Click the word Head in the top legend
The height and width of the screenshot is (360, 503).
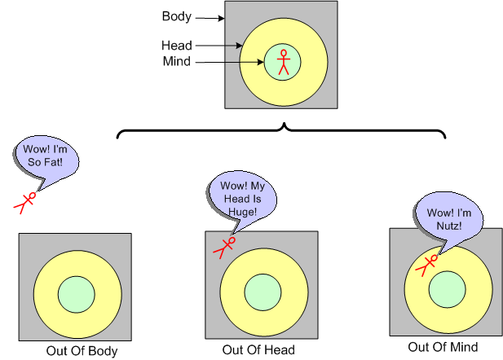(176, 46)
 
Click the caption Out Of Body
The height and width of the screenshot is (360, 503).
(83, 352)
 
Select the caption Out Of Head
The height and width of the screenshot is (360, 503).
(258, 350)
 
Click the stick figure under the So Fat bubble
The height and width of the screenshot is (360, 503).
(26, 201)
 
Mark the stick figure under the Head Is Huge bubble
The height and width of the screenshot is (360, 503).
(224, 247)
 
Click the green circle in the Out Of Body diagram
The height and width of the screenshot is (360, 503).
(75, 292)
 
